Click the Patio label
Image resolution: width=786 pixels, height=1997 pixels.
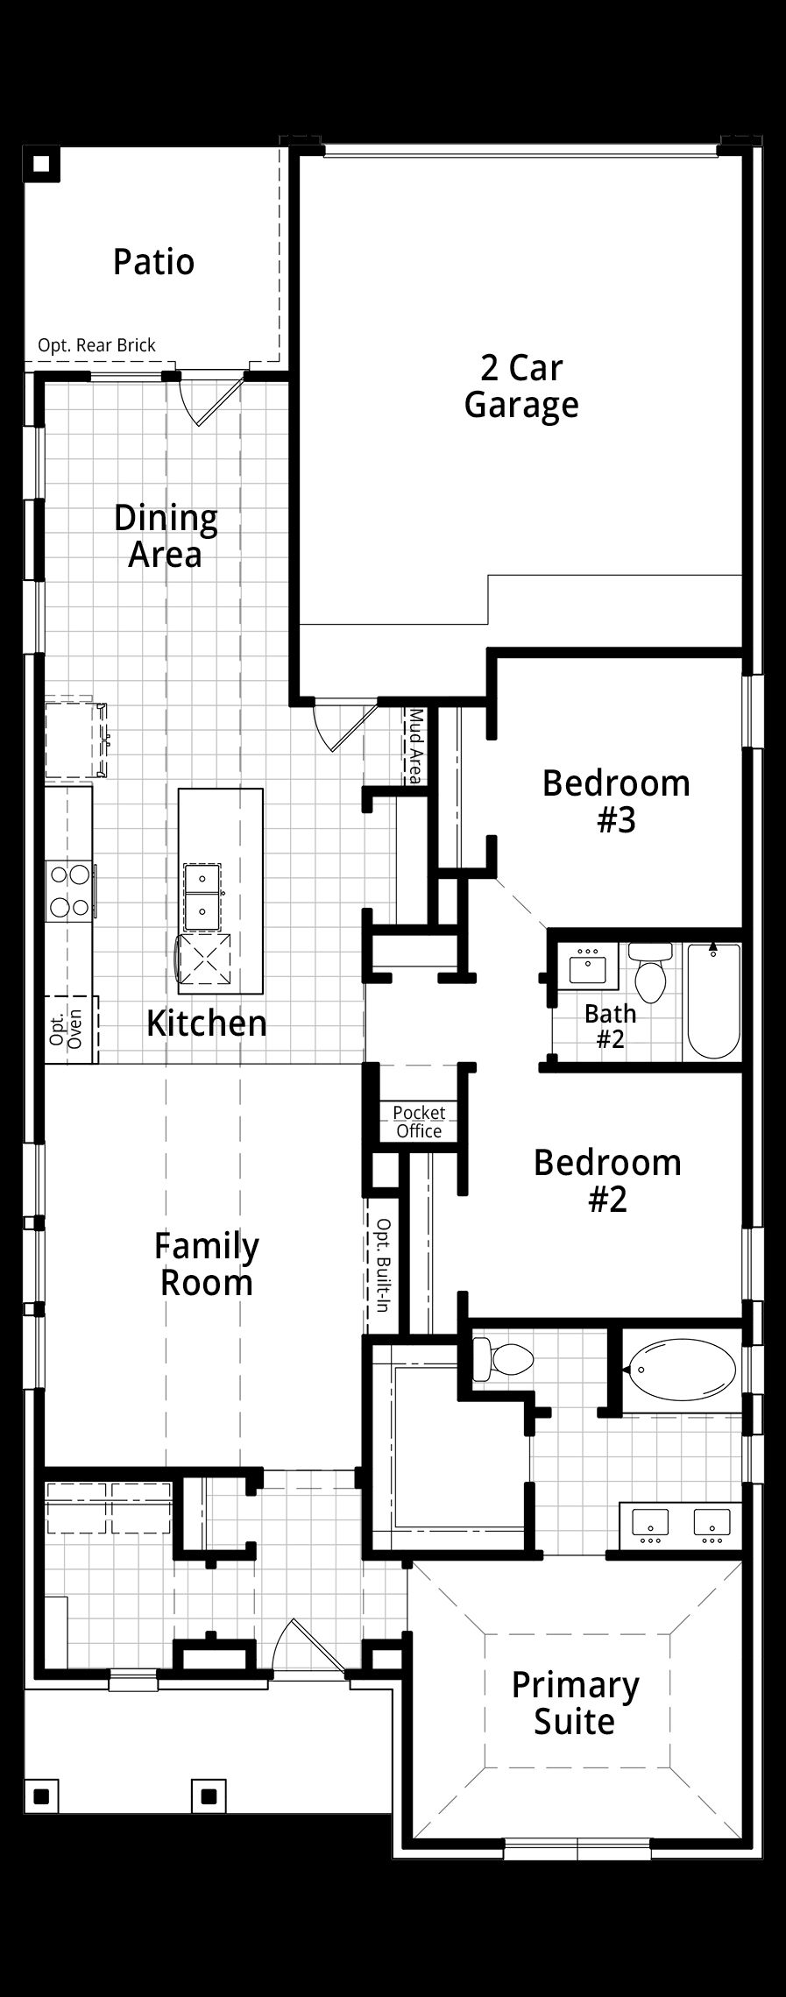[153, 262]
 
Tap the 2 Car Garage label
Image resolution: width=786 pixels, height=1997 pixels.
[521, 386]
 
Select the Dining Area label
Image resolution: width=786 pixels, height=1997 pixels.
[166, 536]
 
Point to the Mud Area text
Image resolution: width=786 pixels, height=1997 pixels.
[414, 747]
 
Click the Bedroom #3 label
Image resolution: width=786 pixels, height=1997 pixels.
[616, 802]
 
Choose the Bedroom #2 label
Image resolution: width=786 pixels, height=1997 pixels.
[607, 1180]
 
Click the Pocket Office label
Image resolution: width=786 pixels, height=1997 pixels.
[419, 1122]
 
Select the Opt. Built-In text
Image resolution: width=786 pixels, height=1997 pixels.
[382, 1264]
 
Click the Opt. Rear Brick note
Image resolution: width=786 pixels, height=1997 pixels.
[96, 345]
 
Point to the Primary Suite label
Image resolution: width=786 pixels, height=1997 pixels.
[575, 1703]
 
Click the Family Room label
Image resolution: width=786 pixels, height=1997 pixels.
[207, 1264]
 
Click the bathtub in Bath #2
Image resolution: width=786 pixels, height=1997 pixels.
[713, 1000]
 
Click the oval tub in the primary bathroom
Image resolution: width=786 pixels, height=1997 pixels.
[681, 1370]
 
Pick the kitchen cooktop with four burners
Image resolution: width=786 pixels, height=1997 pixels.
[69, 889]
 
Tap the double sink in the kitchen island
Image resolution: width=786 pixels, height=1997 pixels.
[202, 896]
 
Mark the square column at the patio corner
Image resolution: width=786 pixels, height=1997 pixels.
[41, 164]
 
